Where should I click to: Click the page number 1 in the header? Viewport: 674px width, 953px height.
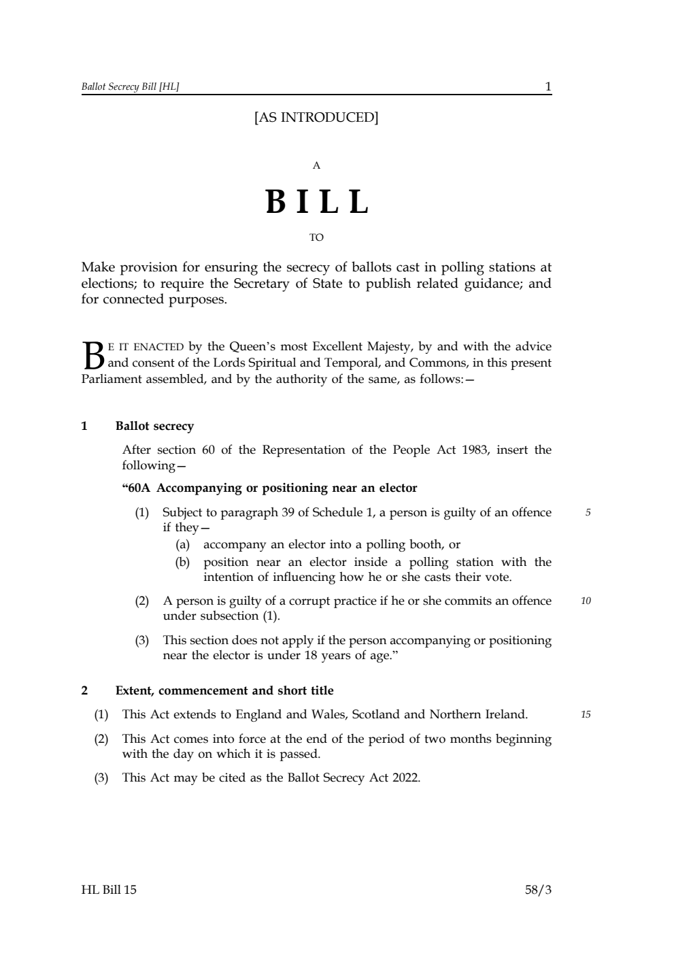coord(548,86)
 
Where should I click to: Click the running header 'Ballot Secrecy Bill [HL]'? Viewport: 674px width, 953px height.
coord(130,87)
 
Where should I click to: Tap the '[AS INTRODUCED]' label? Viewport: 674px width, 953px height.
coord(316,118)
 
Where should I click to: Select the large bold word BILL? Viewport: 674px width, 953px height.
coord(317,202)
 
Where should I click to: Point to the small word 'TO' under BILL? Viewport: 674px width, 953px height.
coord(316,237)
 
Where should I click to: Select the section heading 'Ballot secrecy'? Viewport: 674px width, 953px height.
coord(154,427)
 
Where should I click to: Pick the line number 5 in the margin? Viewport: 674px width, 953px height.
coord(588,513)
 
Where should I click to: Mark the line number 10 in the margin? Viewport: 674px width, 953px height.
coord(586,601)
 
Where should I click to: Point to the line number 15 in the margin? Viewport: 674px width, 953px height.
coord(586,715)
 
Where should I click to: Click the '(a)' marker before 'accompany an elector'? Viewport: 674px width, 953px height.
coord(182,545)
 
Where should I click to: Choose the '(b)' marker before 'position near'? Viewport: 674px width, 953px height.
coord(182,563)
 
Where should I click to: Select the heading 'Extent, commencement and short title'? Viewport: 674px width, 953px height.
coord(224,691)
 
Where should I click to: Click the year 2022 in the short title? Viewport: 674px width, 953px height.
coord(406,778)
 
